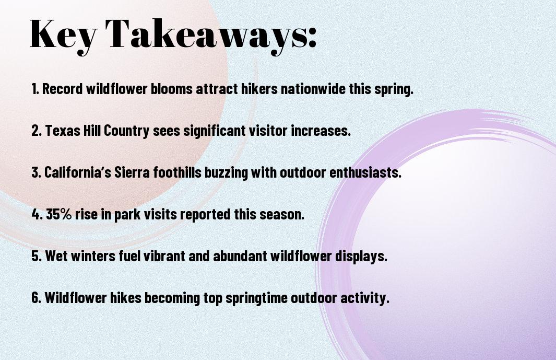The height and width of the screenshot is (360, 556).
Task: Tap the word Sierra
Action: click(x=132, y=172)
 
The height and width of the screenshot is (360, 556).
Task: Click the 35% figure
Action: click(x=59, y=214)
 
